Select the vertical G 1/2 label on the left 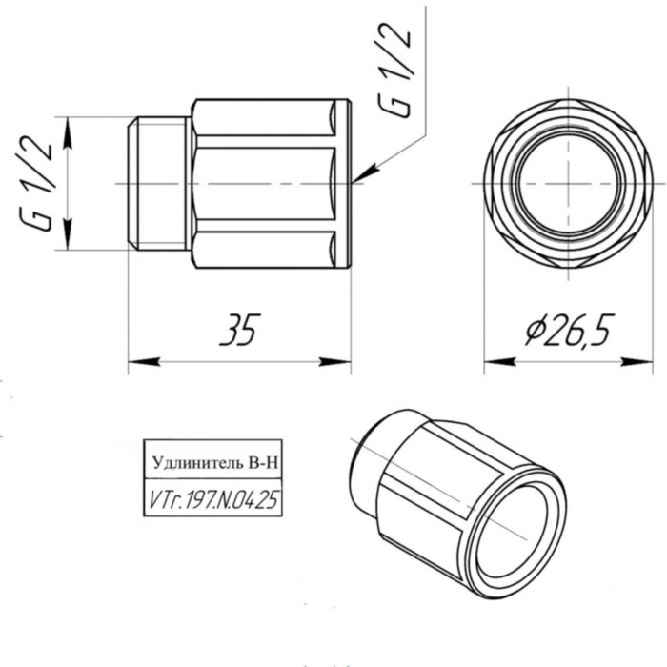pos(39,182)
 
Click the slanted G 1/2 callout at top pos(397,71)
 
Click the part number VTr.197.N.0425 pos(213,498)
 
